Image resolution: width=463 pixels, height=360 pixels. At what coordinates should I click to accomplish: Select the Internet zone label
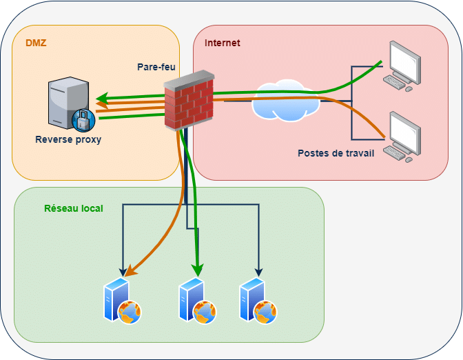pos(222,43)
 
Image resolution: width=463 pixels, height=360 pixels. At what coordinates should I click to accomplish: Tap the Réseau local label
pos(74,208)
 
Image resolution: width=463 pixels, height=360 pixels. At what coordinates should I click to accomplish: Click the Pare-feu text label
pos(156,67)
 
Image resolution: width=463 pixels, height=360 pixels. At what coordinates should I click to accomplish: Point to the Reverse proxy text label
pos(68,139)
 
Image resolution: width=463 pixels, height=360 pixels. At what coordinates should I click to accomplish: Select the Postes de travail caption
pos(336,153)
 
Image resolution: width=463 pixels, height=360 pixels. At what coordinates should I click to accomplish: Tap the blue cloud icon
pos(286,101)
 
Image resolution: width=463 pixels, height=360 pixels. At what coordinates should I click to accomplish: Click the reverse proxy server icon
pos(66,103)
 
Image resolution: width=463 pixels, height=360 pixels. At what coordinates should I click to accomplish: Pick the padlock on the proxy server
pos(82,121)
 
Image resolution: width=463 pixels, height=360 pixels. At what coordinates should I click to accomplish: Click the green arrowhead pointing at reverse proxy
pos(101,98)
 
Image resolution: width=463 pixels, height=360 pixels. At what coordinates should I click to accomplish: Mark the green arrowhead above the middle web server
pos(198,268)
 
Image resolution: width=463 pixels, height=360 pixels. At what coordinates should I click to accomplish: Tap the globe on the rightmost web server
pos(266,312)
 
